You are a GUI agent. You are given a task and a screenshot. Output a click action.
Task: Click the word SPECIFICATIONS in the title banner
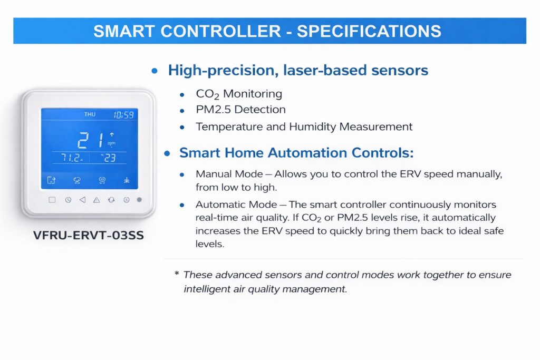(369, 31)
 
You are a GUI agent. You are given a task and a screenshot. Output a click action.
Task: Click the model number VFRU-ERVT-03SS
(89, 236)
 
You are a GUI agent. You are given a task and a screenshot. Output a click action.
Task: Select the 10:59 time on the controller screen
(123, 114)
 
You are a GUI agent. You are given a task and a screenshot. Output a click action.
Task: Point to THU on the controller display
(90, 114)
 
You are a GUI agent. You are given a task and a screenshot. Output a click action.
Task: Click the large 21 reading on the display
(91, 140)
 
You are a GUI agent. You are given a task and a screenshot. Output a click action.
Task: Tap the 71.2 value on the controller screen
(72, 158)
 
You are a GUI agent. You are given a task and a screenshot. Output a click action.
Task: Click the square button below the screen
(52, 200)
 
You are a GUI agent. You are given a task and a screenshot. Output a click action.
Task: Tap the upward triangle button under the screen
(97, 200)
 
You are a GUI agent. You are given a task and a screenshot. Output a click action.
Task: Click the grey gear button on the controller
(139, 200)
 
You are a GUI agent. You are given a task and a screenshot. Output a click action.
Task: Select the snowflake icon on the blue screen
(127, 180)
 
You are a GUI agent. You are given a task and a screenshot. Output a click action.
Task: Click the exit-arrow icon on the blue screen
(51, 180)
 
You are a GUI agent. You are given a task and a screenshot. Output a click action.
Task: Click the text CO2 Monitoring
(239, 94)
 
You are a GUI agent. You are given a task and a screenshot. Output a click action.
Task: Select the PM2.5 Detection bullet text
(240, 110)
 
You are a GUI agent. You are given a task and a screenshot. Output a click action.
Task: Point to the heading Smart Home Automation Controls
(296, 152)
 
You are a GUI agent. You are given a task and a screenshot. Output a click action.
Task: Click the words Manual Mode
(229, 174)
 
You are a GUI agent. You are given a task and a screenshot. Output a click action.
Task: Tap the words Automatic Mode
(236, 205)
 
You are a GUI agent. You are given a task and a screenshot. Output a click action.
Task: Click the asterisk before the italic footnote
(177, 274)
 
